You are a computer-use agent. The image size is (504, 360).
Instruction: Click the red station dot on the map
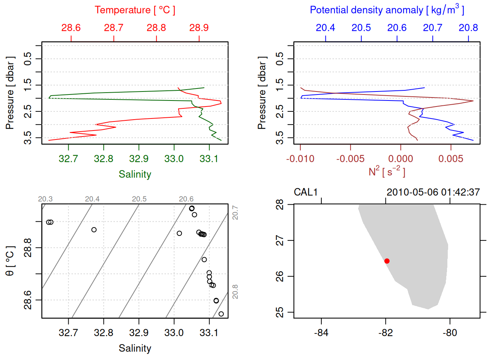tap(387, 261)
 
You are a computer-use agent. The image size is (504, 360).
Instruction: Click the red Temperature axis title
tap(135, 10)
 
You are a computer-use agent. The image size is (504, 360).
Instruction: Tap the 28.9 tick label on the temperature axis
tap(199, 28)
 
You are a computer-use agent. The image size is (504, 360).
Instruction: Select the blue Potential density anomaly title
tap(387, 10)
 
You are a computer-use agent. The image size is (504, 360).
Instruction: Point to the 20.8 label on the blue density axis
tap(468, 28)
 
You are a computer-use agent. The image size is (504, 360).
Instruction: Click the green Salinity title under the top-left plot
tap(135, 174)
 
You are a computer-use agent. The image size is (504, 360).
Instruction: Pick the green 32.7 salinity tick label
tap(68, 159)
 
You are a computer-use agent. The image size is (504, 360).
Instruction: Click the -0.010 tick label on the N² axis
tap(300, 159)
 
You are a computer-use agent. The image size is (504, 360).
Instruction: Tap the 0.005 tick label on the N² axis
tap(451, 159)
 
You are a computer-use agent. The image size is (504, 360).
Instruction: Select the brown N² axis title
tap(387, 172)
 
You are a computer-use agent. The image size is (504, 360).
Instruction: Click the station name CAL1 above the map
tap(306, 192)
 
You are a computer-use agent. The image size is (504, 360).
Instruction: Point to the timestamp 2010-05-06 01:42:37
tap(433, 192)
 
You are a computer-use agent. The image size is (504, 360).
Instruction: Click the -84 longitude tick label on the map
tap(321, 333)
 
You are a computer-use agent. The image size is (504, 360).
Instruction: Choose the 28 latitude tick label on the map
tap(280, 205)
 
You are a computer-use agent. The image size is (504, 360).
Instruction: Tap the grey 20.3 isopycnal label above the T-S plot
tap(45, 199)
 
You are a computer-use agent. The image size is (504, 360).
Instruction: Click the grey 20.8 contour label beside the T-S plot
tap(235, 292)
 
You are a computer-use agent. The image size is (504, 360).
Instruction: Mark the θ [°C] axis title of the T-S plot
tap(10, 261)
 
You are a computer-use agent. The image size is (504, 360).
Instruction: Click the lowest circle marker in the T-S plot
tap(221, 314)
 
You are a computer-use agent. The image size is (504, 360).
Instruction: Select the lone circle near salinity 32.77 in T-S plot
tap(94, 230)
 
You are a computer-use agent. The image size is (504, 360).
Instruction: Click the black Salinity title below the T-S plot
tap(135, 348)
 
